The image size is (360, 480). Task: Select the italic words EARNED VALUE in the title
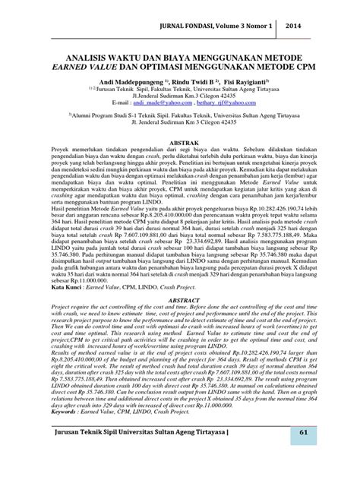(x=96, y=68)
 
